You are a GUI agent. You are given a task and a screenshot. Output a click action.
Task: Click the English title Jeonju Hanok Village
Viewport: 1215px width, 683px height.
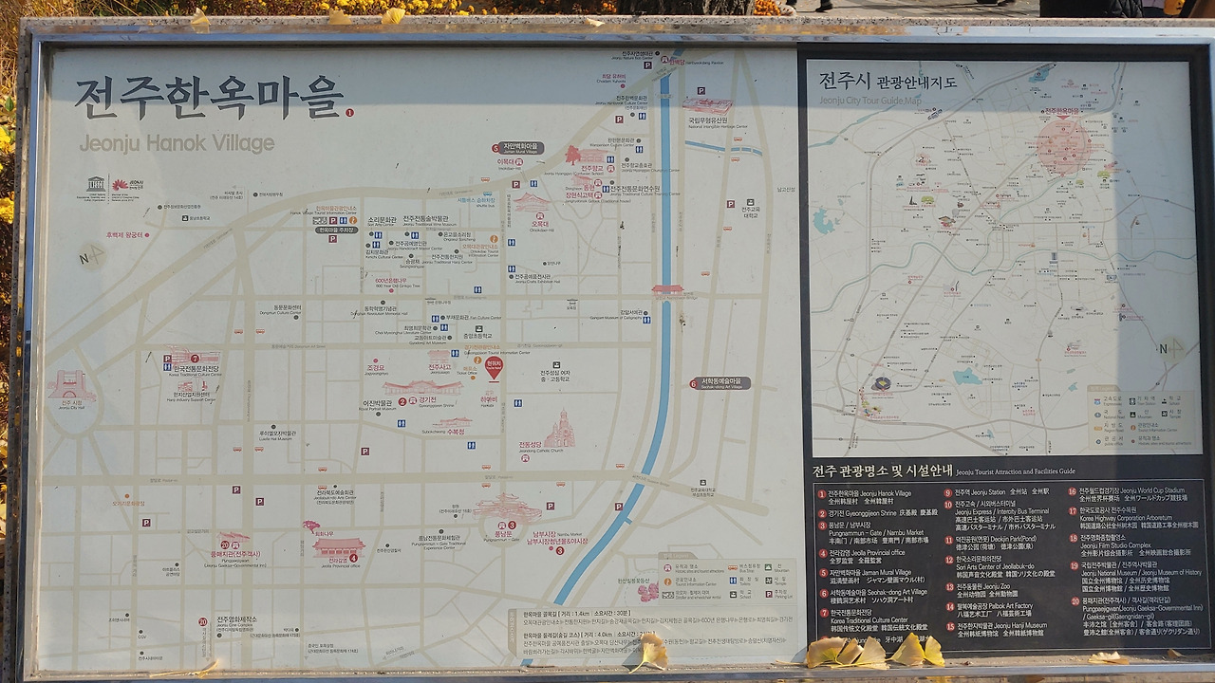(177, 143)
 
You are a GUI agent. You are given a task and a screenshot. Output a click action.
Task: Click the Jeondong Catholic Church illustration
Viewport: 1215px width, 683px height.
(560, 431)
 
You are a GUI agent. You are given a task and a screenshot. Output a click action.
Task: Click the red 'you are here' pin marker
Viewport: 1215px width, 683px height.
(494, 367)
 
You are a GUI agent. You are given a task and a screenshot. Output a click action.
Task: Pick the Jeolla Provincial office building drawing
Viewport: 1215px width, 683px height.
(338, 547)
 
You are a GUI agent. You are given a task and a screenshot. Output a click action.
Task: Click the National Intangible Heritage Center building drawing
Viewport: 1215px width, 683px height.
(707, 105)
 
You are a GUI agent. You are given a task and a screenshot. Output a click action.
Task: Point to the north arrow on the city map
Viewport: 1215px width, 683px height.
(1170, 349)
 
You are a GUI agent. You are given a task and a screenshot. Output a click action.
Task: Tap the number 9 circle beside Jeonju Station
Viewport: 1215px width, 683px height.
(947, 492)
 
